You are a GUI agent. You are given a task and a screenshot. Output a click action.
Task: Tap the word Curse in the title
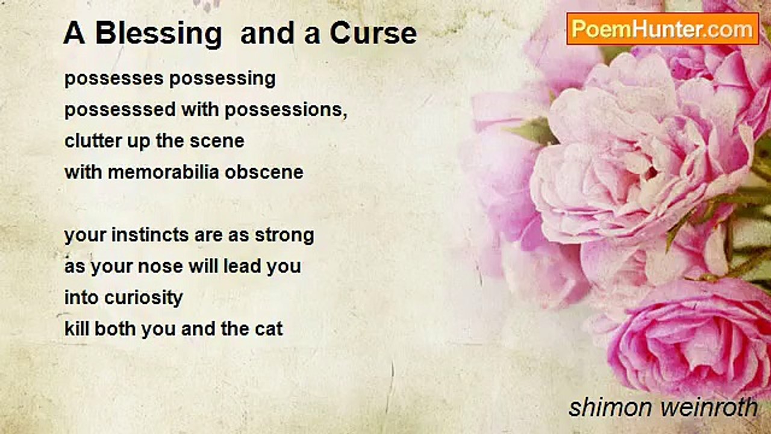[x=373, y=33]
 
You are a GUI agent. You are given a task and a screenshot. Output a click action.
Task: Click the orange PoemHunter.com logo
[x=663, y=29]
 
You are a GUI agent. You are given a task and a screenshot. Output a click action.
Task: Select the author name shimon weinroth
[x=663, y=407]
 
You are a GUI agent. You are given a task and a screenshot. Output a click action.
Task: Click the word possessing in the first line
[x=222, y=79]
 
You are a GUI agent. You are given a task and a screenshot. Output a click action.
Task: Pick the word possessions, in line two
[x=286, y=110]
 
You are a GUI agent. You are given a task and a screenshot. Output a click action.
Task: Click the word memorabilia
[x=163, y=172]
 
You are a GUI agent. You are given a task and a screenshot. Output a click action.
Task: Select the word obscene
[x=264, y=172]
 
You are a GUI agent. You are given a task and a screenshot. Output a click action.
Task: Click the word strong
[x=284, y=236]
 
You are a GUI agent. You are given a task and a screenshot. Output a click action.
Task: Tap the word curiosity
[x=143, y=298]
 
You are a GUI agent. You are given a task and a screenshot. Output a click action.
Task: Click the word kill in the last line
[x=76, y=329]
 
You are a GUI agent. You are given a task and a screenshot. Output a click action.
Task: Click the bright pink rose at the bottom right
[x=688, y=341]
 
